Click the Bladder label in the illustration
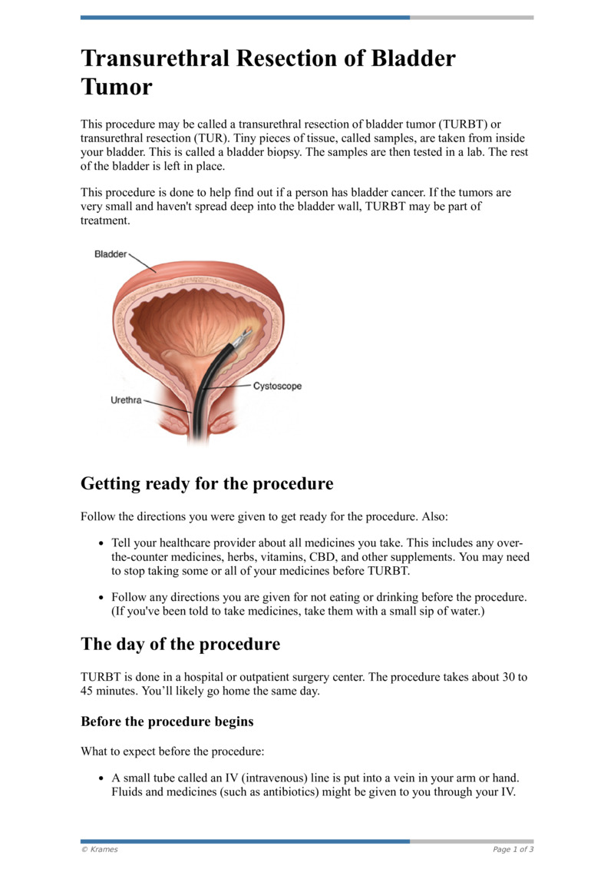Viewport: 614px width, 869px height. pyautogui.click(x=111, y=254)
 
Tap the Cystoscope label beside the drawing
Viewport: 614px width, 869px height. pyautogui.click(x=277, y=386)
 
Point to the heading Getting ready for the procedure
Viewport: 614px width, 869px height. pyautogui.click(x=207, y=484)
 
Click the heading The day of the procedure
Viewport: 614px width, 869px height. pyautogui.click(x=180, y=644)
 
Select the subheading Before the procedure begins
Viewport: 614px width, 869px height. pyautogui.click(x=167, y=722)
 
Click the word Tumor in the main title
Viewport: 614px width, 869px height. pyautogui.click(x=117, y=86)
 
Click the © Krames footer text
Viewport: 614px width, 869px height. pyautogui.click(x=100, y=849)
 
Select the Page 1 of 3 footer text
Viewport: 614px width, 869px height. pyautogui.click(x=513, y=849)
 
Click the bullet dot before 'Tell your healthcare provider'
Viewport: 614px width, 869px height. pyautogui.click(x=101, y=542)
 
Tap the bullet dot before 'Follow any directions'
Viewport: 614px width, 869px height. pyautogui.click(x=101, y=598)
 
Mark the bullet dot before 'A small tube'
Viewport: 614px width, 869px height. pyautogui.click(x=101, y=778)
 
